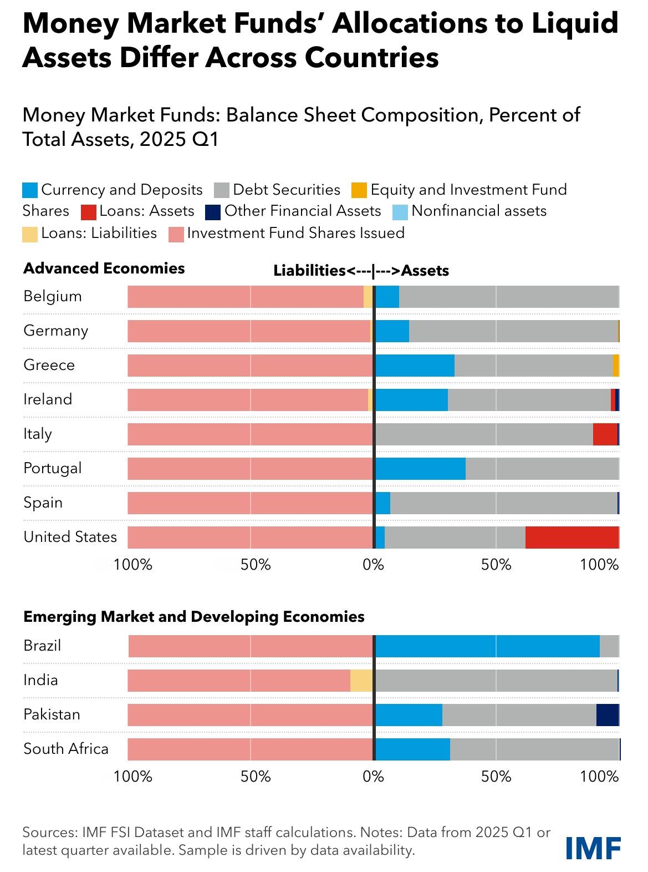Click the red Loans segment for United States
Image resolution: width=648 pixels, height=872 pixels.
572,538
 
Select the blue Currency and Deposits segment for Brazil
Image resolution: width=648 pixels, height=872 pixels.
487,646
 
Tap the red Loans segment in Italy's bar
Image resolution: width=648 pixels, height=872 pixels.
605,434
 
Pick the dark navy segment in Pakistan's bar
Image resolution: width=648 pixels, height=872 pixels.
607,715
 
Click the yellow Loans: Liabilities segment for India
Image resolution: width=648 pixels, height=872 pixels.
361,681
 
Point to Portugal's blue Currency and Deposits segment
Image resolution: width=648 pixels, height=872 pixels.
420,469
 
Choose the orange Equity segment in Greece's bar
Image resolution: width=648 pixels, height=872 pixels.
615,366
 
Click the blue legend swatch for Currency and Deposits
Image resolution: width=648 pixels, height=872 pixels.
30,190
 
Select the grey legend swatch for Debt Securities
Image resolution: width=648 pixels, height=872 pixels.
222,190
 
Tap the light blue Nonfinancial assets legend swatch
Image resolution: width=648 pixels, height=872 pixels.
400,212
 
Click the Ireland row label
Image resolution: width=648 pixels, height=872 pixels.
48,399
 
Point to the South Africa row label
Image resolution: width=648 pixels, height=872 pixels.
66,749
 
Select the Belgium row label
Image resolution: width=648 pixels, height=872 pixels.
53,296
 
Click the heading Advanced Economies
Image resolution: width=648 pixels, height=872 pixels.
104,268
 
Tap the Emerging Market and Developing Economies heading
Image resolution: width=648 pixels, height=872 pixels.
194,617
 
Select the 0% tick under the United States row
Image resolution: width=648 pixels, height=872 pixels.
373,565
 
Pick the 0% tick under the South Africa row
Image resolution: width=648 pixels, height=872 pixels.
373,777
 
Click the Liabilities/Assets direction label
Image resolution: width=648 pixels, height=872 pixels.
361,271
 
